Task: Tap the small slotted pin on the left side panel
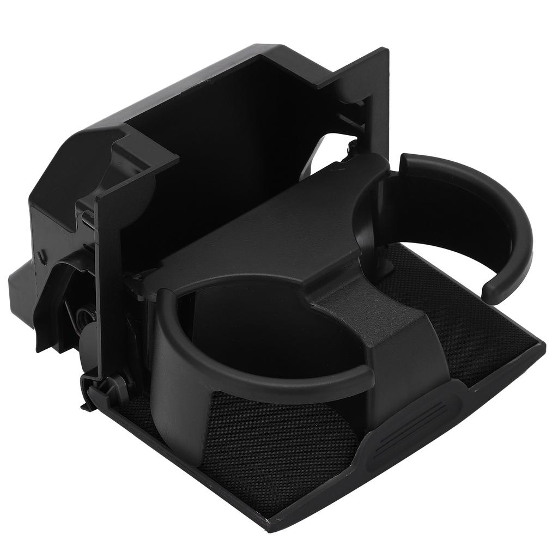[x=41, y=255]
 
